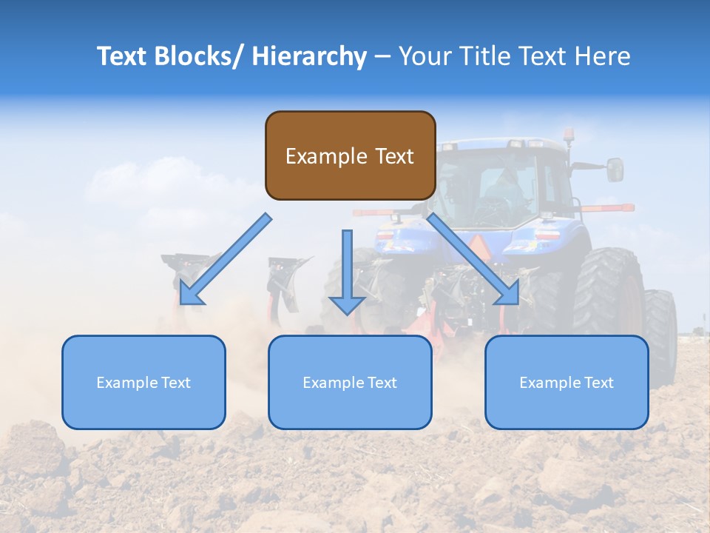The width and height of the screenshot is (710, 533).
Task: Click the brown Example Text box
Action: pyautogui.click(x=350, y=155)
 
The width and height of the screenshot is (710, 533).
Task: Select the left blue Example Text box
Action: pyautogui.click(x=143, y=382)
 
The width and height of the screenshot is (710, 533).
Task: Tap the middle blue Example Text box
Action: pyautogui.click(x=350, y=382)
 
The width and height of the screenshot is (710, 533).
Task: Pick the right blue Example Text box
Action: pyautogui.click(x=567, y=382)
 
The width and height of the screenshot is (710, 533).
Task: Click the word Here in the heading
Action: pyautogui.click(x=603, y=56)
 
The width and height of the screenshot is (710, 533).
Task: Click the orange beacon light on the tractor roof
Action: pyautogui.click(x=569, y=135)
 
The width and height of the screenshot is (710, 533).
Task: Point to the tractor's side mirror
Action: pyautogui.click(x=615, y=170)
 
